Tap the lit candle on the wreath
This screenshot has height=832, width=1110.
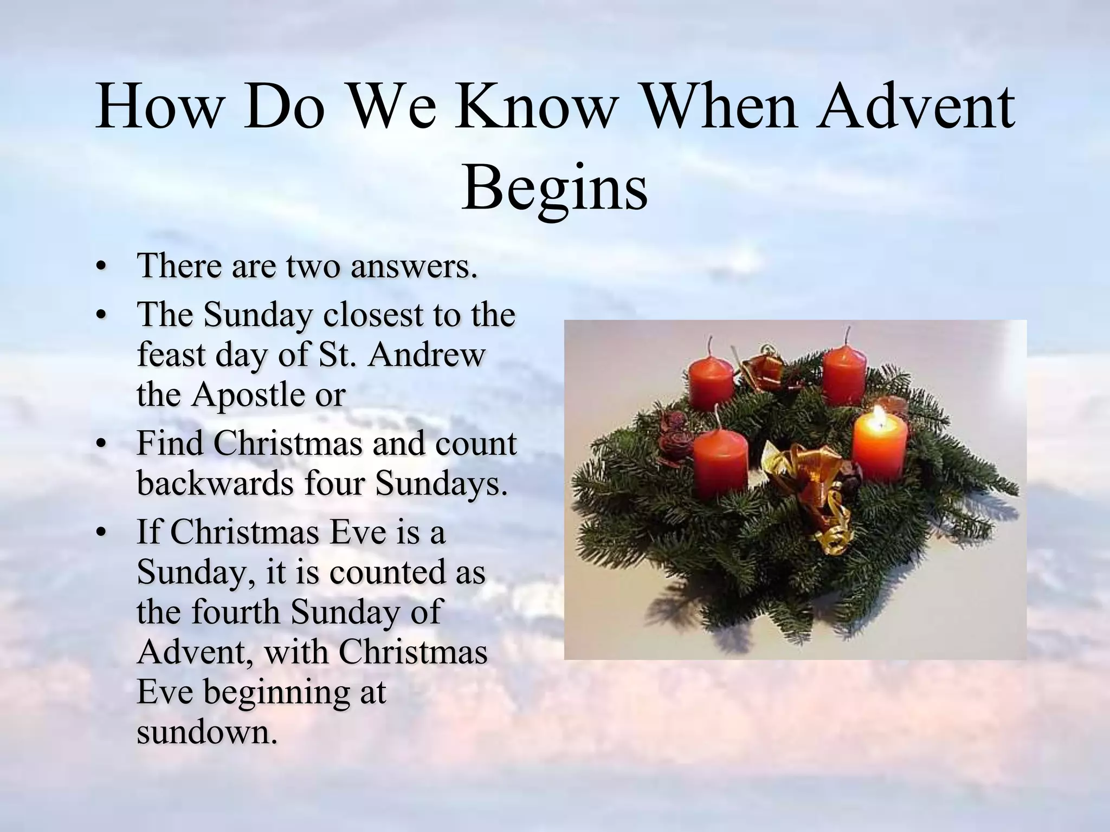pos(879,452)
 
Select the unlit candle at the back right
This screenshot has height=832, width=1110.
pos(844,374)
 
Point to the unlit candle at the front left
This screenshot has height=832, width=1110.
pos(720,465)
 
